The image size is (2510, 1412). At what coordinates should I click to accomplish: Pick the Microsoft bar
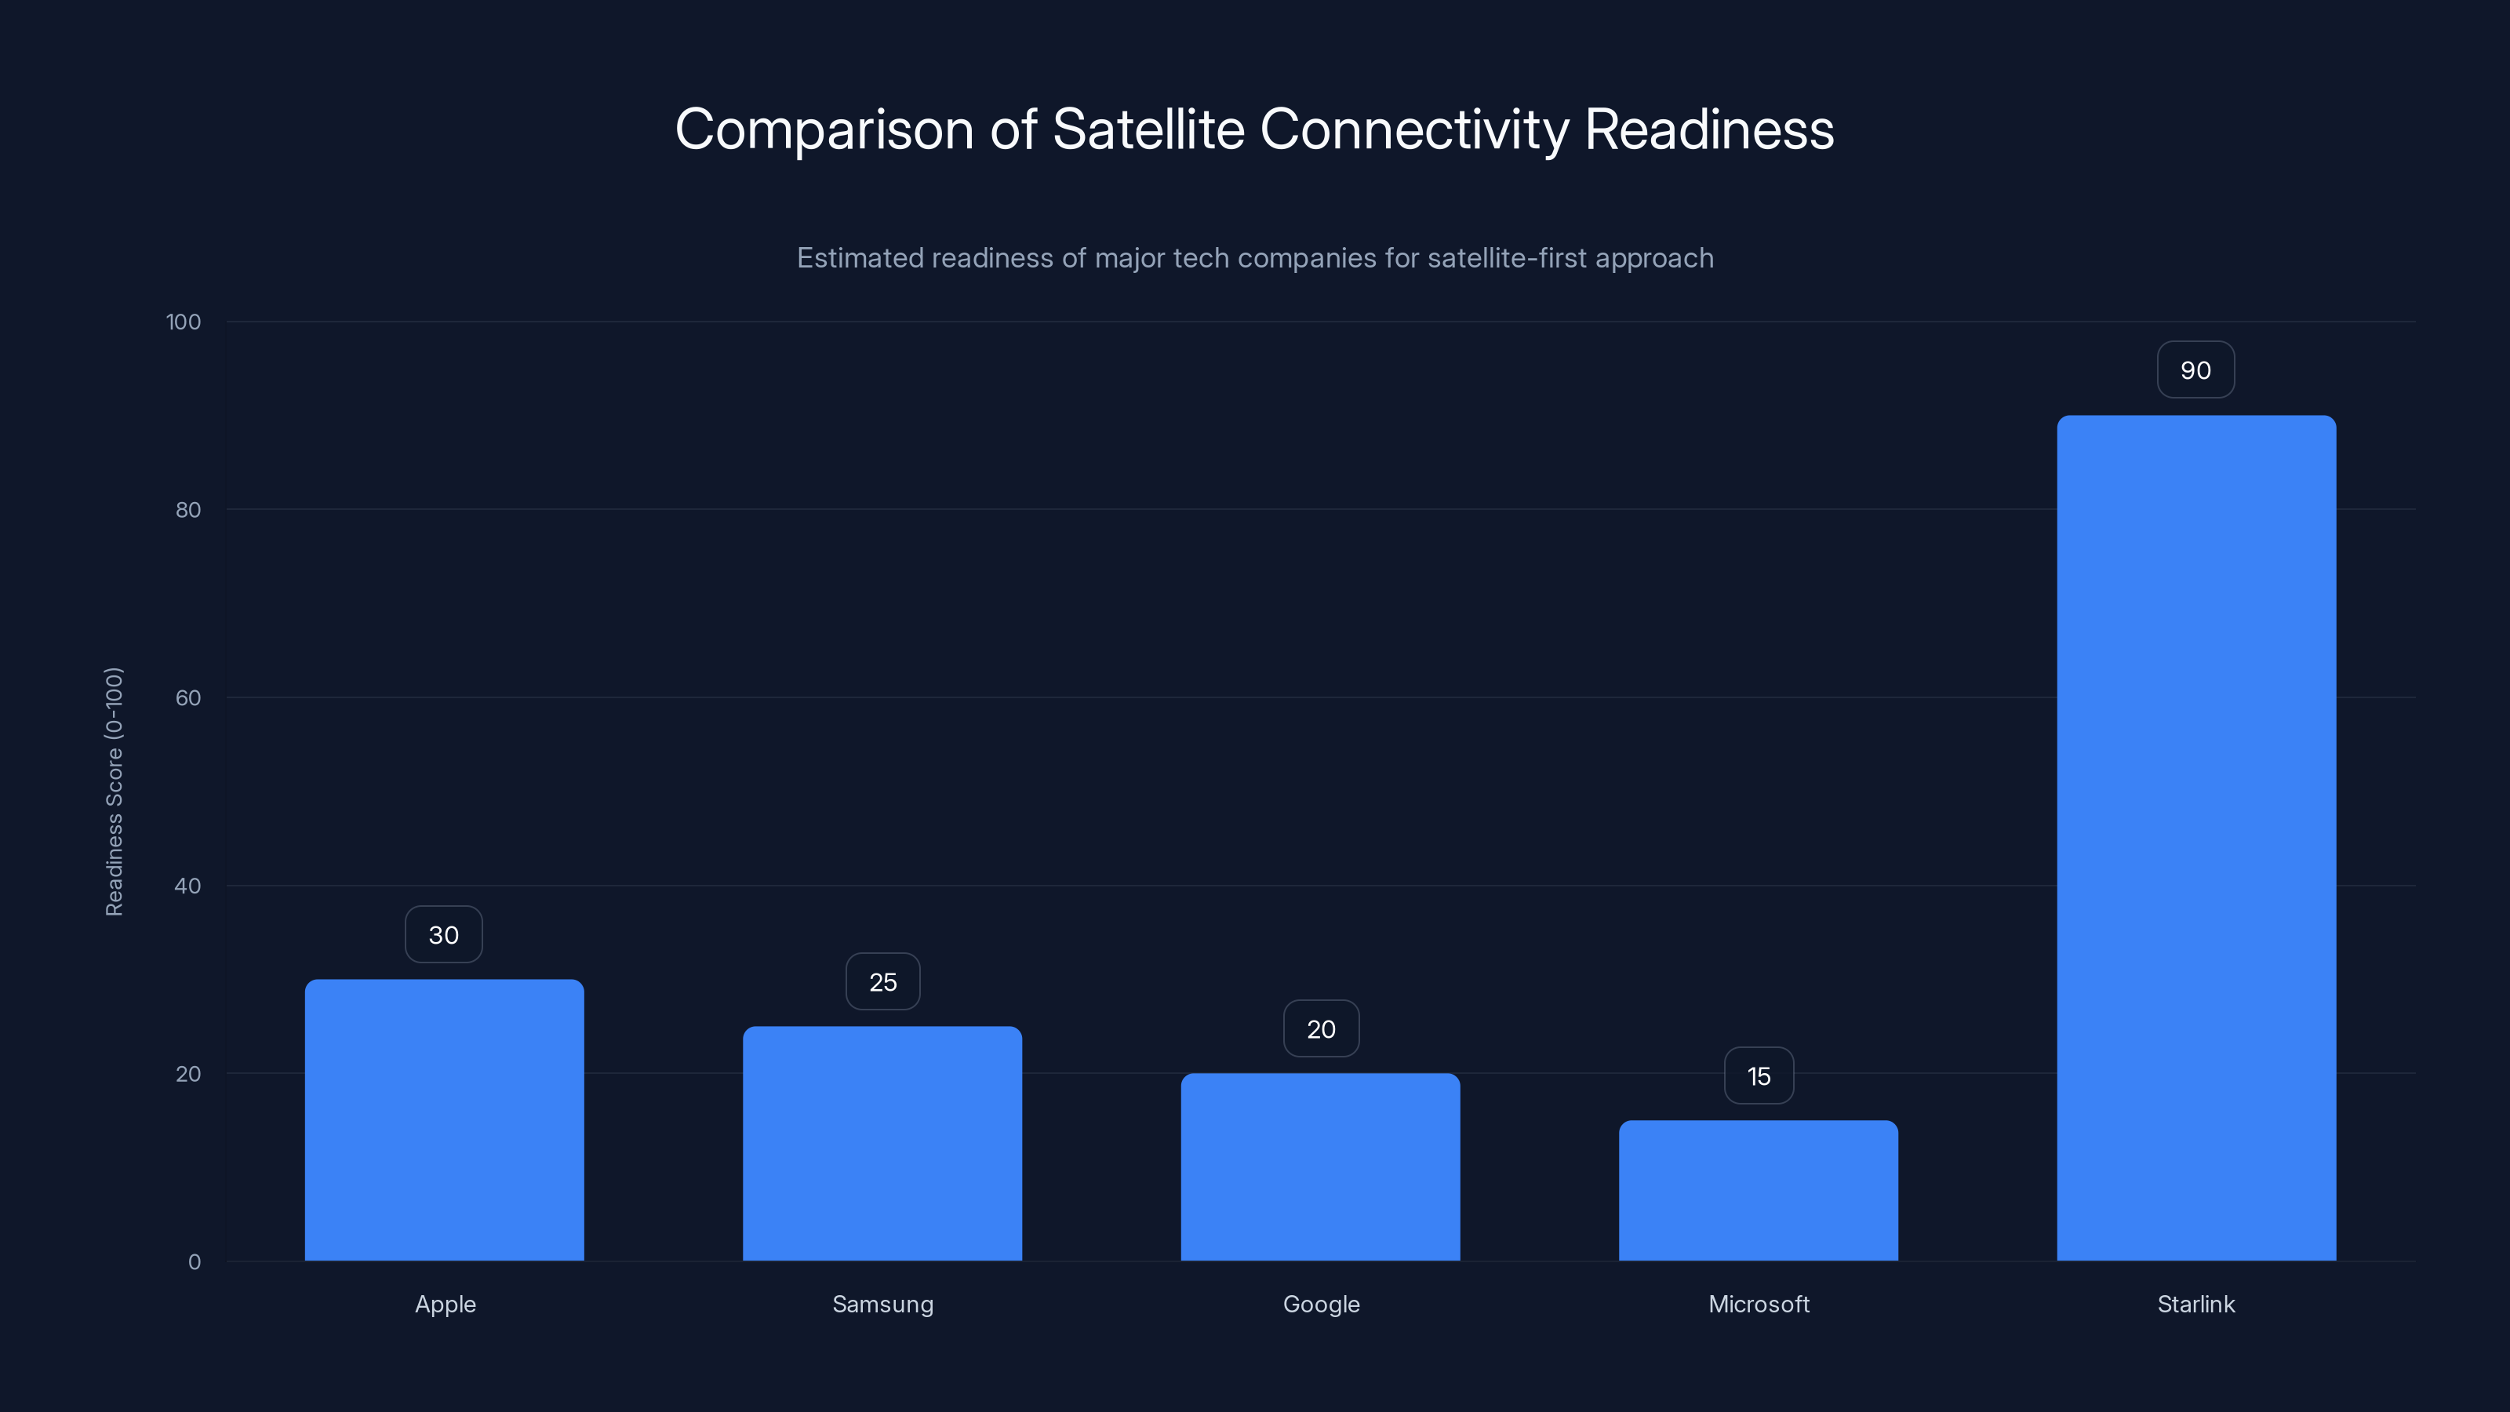[x=1758, y=1190]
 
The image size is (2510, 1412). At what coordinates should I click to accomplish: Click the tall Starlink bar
[x=2196, y=838]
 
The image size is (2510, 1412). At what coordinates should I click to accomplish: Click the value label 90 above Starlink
[x=2195, y=370]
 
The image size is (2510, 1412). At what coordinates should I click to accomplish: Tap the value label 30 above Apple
[x=443, y=934]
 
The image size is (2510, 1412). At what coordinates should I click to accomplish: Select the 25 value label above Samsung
[x=882, y=981]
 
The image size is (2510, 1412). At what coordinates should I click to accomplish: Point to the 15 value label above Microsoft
[x=1759, y=1075]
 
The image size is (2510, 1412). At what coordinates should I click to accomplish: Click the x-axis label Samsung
[x=882, y=1304]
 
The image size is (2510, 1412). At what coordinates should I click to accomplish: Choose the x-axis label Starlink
[x=2196, y=1304]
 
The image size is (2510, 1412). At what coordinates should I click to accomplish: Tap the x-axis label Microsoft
[x=1759, y=1304]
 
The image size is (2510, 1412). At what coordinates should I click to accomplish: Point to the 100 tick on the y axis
[x=184, y=322]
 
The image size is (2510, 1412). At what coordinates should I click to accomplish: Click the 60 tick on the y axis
[x=188, y=697]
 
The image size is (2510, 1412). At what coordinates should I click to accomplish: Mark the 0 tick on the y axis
[x=194, y=1262]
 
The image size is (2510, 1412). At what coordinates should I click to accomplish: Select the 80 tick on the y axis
[x=188, y=510]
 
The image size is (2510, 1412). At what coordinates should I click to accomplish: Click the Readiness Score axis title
[x=114, y=792]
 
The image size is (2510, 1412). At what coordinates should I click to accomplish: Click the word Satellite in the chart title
[x=1148, y=129]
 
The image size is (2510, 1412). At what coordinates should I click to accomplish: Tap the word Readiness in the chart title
[x=1709, y=129]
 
